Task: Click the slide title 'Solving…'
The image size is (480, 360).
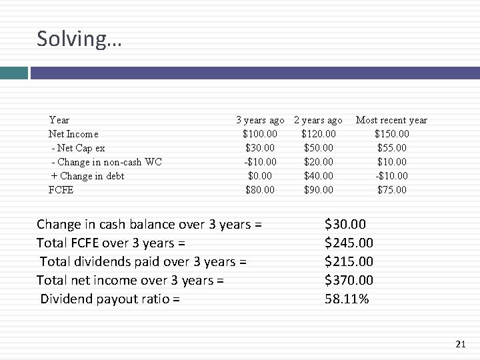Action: (79, 39)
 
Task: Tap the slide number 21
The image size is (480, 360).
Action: (460, 344)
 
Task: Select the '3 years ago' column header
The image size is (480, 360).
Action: (260, 120)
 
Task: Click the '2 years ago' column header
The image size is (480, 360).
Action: (318, 120)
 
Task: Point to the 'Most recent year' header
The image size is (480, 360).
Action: (391, 120)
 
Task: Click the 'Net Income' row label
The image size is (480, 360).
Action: (73, 134)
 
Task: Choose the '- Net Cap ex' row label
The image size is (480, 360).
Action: (77, 148)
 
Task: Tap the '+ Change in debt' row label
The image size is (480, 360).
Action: (87, 176)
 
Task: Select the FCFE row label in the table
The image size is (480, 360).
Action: (61, 190)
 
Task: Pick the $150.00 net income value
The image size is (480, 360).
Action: (391, 134)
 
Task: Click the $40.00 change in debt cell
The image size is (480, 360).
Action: (318, 176)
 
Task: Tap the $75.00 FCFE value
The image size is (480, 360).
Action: (391, 190)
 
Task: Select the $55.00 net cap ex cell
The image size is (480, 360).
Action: (391, 148)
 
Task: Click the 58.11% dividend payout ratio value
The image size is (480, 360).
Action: (347, 299)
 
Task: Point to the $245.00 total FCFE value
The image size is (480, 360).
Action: (349, 243)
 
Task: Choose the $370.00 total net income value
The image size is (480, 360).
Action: (349, 280)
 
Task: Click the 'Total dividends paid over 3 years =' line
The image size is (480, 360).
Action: (143, 261)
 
